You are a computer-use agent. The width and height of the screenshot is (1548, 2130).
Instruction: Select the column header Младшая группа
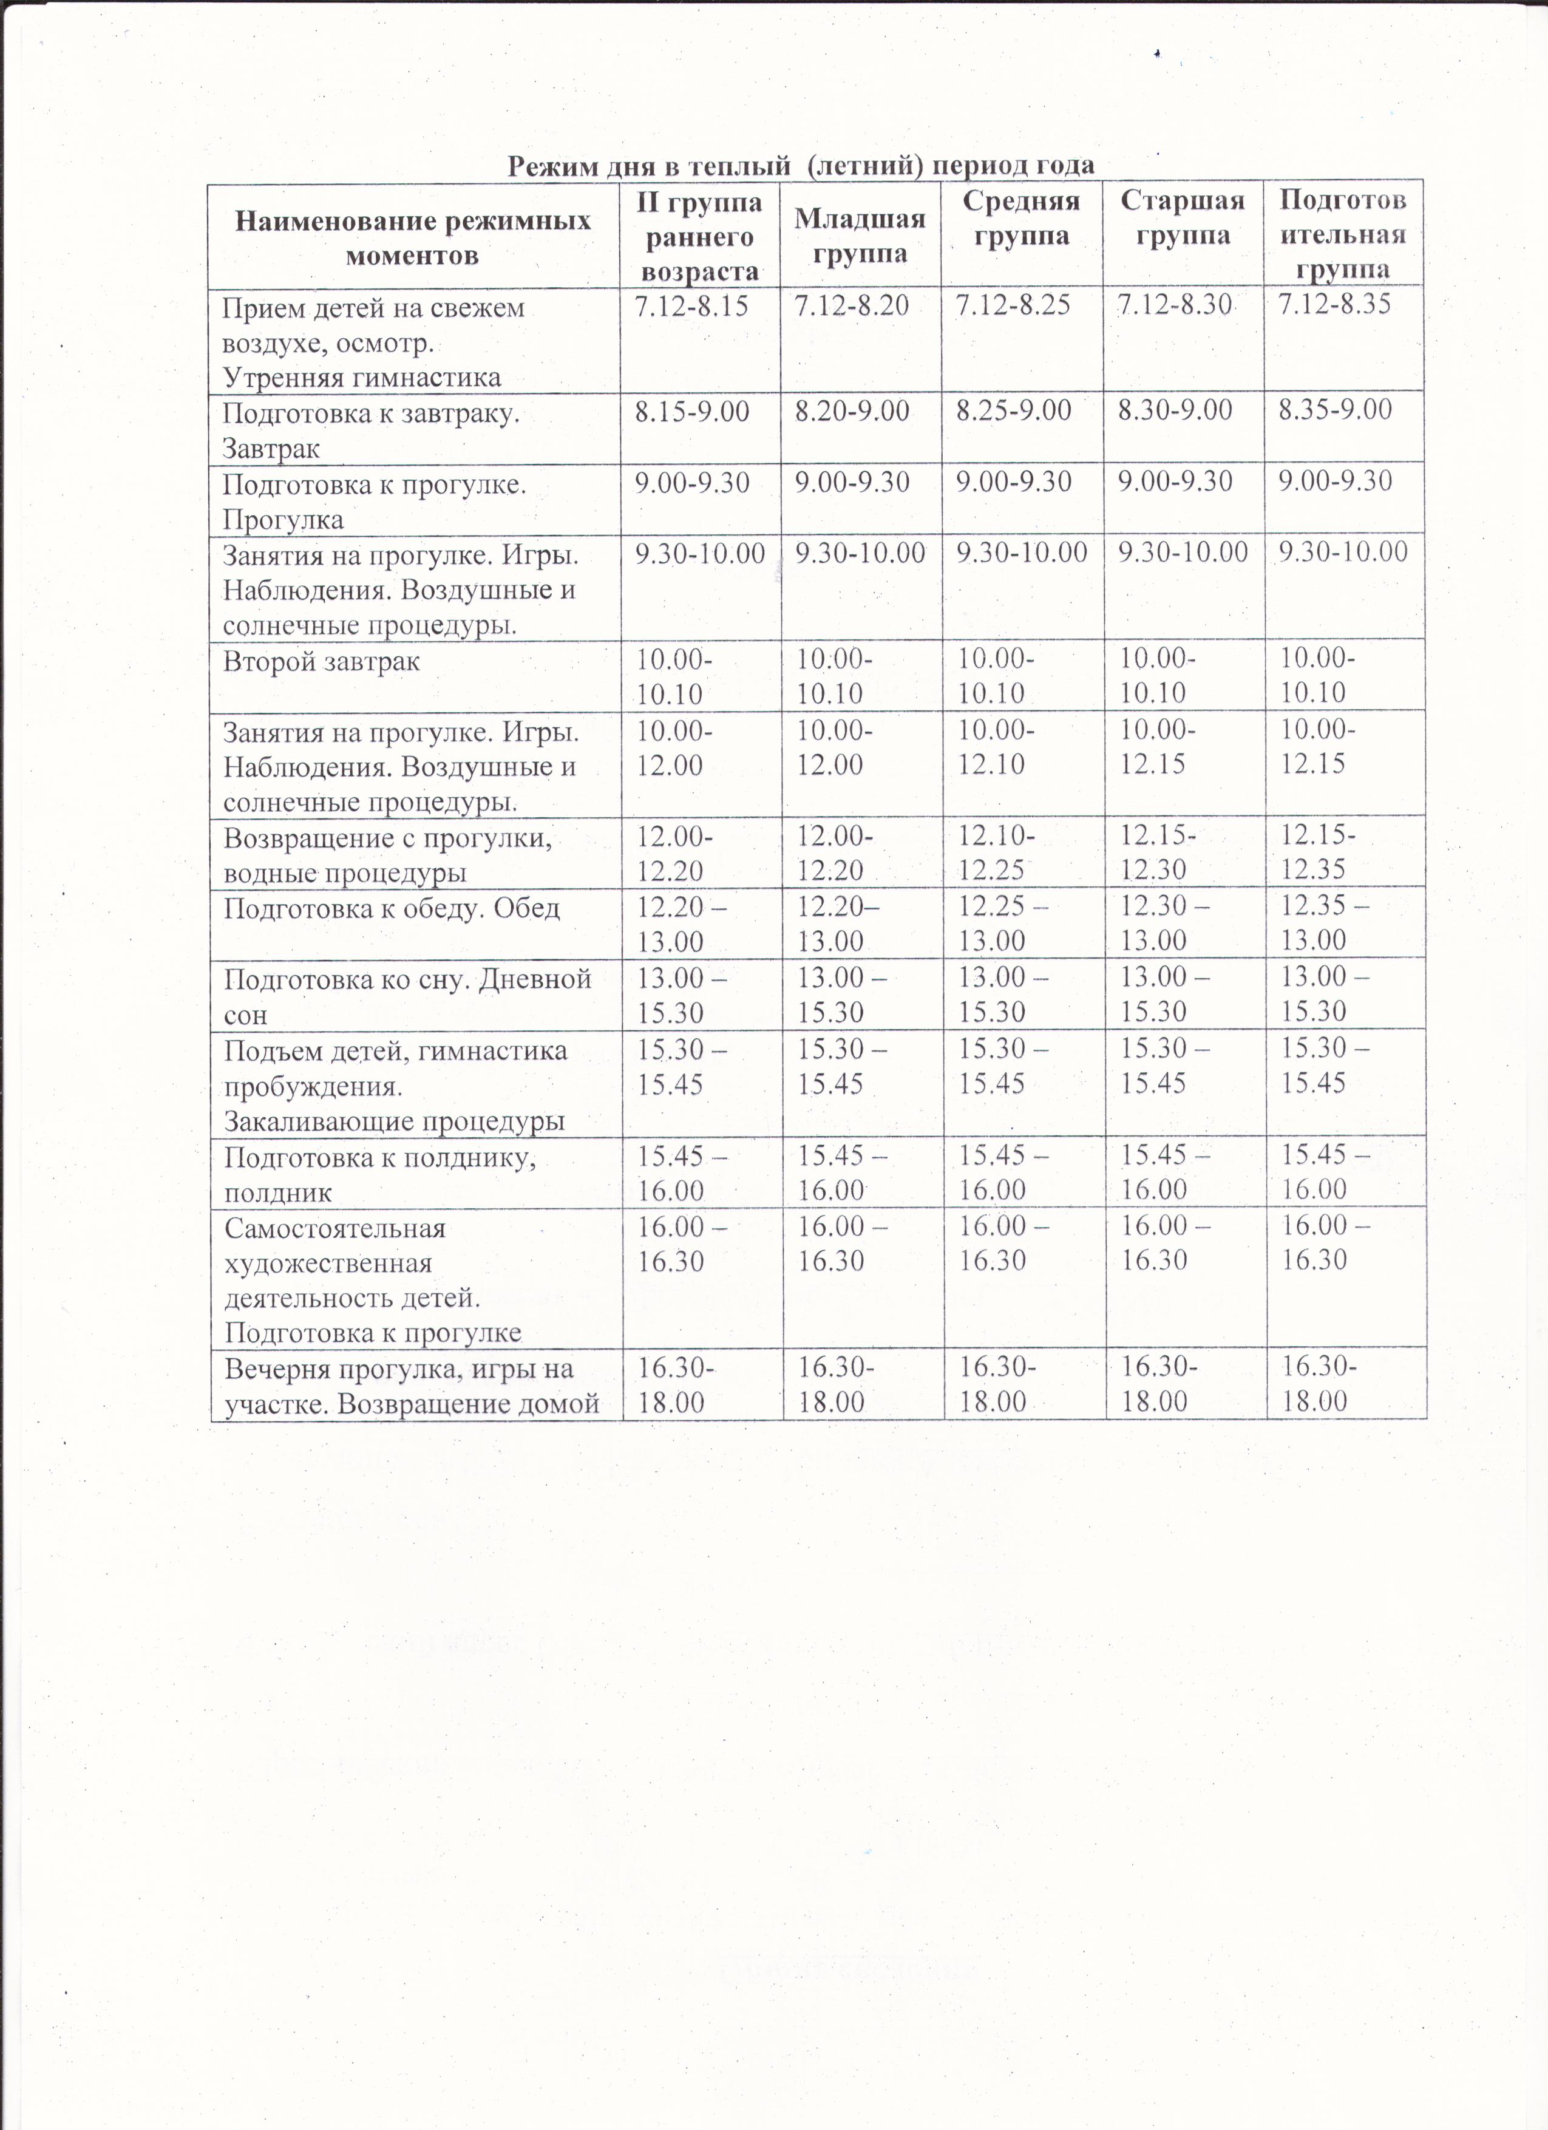coord(860,236)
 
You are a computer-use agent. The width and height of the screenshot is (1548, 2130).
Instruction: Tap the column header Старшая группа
coord(1183,218)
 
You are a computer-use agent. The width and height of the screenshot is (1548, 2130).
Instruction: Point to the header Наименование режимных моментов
coord(412,237)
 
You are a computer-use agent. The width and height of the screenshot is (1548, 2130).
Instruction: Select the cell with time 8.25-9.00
coord(1013,410)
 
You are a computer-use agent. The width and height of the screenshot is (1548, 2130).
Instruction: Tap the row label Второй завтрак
coord(321,662)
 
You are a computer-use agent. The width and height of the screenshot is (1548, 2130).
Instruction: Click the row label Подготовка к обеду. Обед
coord(392,909)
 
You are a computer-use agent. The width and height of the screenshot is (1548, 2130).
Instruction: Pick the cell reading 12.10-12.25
coord(996,852)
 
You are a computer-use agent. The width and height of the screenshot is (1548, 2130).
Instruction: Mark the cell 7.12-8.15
coord(692,306)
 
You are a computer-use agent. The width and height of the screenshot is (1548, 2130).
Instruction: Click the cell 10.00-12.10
coord(996,747)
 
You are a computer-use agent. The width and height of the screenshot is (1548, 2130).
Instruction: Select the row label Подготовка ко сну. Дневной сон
coord(407,996)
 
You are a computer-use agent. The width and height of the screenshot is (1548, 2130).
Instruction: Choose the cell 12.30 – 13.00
coord(1165,923)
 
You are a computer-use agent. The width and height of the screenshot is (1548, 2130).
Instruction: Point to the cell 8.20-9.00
coord(852,410)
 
